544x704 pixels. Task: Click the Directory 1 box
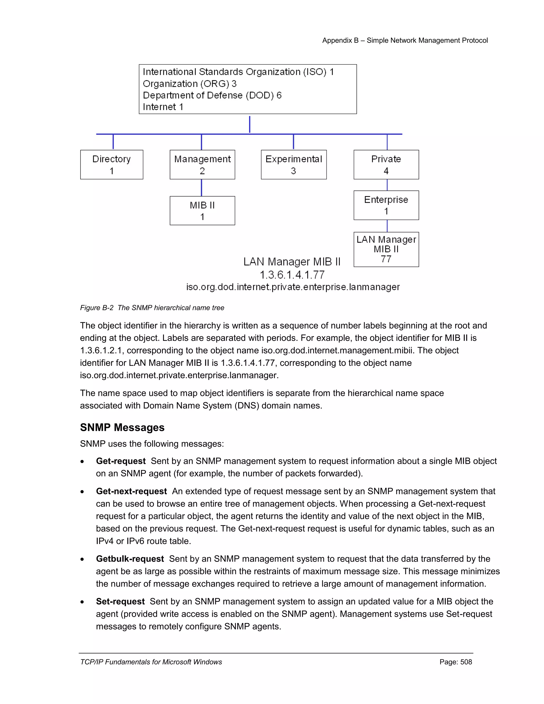click(112, 164)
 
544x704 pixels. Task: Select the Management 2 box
click(202, 164)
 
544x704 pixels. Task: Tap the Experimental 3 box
click(293, 164)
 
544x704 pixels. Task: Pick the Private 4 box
click(386, 164)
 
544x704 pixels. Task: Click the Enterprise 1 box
click(386, 205)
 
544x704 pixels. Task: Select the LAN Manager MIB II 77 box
click(386, 249)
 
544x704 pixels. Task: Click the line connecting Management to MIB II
click(201, 188)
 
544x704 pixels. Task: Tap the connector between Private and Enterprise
click(387, 185)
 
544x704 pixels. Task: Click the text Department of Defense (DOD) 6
click(212, 95)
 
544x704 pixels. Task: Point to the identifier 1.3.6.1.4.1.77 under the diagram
click(292, 275)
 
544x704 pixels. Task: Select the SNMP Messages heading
click(122, 427)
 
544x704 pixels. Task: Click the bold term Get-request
click(121, 461)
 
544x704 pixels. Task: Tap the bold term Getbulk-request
click(130, 559)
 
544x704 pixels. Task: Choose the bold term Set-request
click(120, 601)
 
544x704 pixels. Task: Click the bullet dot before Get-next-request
click(83, 492)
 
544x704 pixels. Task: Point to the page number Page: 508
click(455, 662)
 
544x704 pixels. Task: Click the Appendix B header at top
click(405, 40)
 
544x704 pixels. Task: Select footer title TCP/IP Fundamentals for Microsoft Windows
click(151, 662)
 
